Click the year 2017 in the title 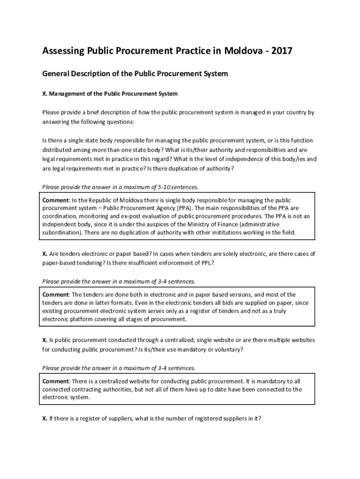[281, 51]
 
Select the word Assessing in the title [63, 51]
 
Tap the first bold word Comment [56, 200]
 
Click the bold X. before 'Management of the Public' [45, 94]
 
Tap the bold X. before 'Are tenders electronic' [45, 254]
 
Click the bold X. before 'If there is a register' [45, 419]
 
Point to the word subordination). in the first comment [63, 232]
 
